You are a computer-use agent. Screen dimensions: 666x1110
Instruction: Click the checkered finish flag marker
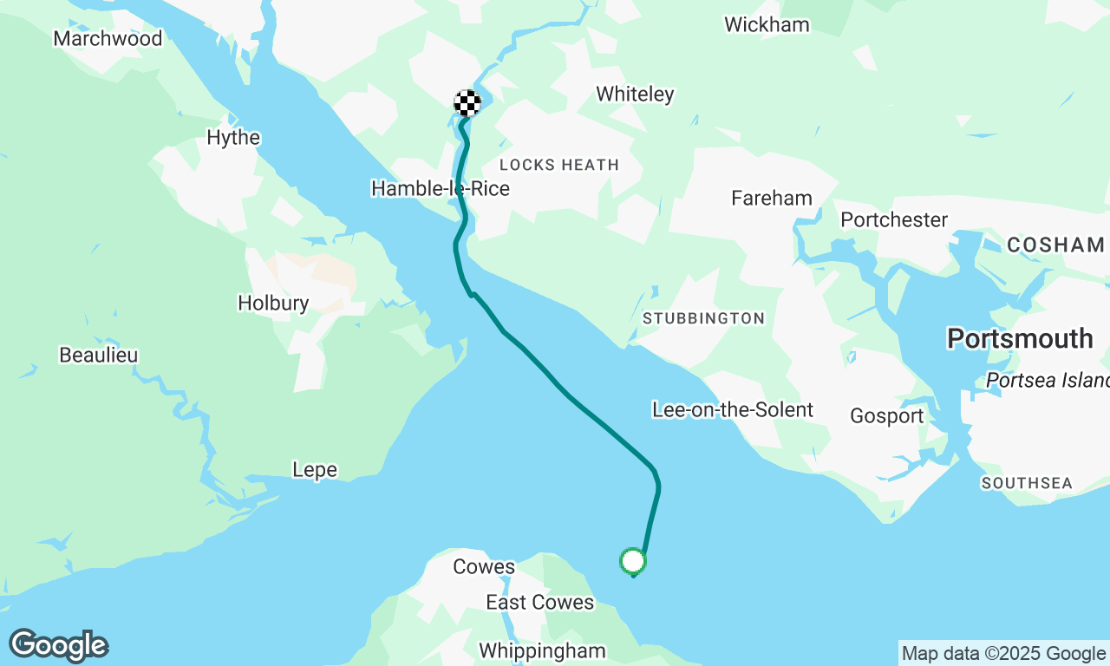(x=467, y=103)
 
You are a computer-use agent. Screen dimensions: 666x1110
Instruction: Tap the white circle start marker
(x=633, y=561)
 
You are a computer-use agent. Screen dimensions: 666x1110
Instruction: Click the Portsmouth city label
(x=1020, y=338)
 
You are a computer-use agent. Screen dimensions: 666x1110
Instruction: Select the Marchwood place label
(x=108, y=38)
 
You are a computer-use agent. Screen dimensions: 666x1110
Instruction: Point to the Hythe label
(x=233, y=137)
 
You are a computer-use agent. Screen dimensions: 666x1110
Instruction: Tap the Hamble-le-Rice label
(x=440, y=188)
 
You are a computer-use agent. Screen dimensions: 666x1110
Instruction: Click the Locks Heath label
(x=559, y=165)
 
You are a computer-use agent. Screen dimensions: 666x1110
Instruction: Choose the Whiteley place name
(x=635, y=94)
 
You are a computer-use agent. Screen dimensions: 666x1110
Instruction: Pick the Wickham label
(x=767, y=24)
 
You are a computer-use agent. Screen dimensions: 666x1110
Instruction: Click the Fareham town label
(x=772, y=198)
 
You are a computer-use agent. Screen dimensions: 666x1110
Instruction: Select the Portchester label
(x=894, y=219)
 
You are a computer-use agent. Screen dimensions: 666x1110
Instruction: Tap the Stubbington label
(x=703, y=318)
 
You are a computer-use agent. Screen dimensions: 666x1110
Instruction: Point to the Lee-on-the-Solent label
(x=733, y=409)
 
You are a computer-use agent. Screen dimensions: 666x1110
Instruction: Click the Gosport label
(x=887, y=416)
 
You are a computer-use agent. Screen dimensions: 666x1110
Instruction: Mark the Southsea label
(x=1027, y=483)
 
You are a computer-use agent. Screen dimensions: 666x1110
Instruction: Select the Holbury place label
(x=273, y=303)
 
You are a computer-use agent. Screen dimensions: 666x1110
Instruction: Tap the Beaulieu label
(x=99, y=355)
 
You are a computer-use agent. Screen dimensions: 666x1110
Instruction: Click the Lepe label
(x=315, y=470)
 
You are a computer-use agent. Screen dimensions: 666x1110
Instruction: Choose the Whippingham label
(x=542, y=650)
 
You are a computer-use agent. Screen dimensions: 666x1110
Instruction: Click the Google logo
(x=58, y=646)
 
